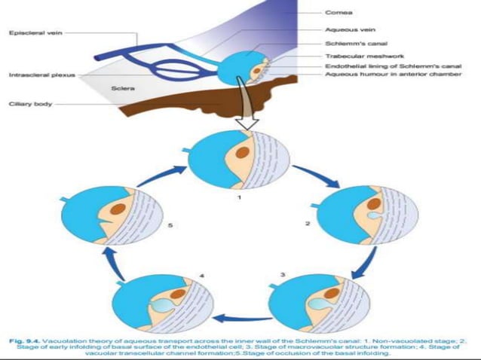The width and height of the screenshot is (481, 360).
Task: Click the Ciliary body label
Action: click(x=30, y=104)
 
